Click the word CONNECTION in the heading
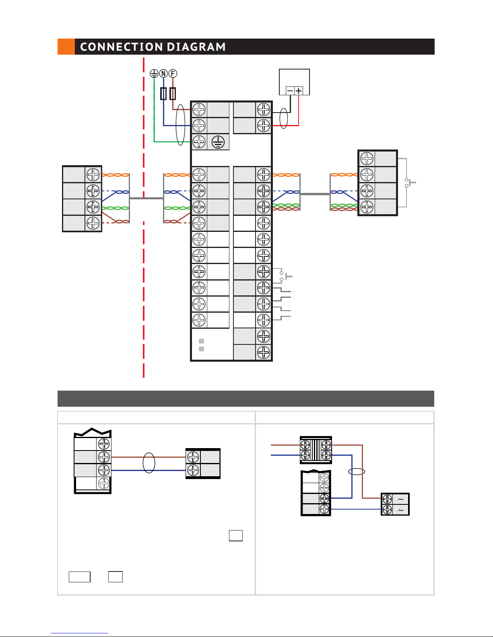point(121,47)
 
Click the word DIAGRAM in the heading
point(196,47)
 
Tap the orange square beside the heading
point(66,47)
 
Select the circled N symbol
point(163,74)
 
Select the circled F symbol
point(173,74)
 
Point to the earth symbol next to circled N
point(154,74)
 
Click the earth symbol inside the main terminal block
point(218,142)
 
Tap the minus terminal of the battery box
point(290,91)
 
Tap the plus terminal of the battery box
point(299,91)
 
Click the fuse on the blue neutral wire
point(163,94)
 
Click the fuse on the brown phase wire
point(173,94)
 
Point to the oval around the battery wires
point(284,119)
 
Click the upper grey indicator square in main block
point(201,341)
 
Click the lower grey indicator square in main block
point(201,349)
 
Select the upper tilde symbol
point(400,499)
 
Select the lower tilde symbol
point(400,510)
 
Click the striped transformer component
point(316,450)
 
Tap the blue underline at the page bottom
point(80,633)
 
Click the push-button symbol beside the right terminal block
point(410,182)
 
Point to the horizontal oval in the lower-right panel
point(357,472)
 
